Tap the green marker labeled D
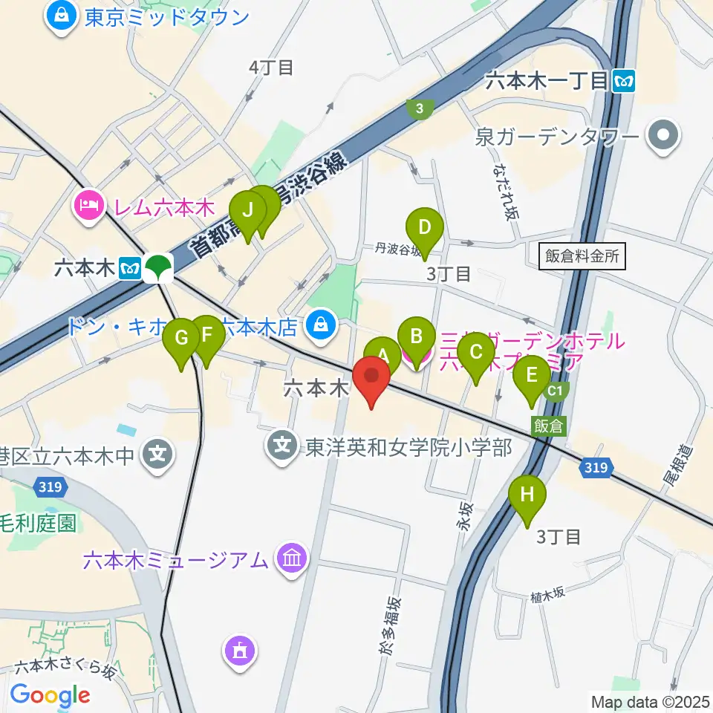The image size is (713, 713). (x=424, y=227)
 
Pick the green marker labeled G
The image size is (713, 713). (x=182, y=338)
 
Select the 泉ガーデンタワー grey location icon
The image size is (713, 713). (x=663, y=137)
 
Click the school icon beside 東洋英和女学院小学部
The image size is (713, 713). (x=282, y=447)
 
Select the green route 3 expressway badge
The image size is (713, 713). (x=420, y=109)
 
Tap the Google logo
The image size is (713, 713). (x=49, y=695)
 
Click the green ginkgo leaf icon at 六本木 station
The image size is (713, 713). (x=157, y=268)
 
